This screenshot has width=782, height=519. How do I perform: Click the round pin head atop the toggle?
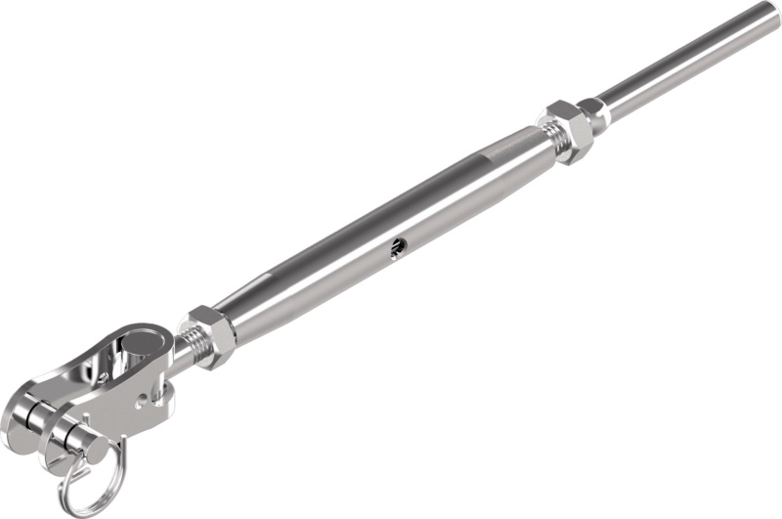138,345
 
